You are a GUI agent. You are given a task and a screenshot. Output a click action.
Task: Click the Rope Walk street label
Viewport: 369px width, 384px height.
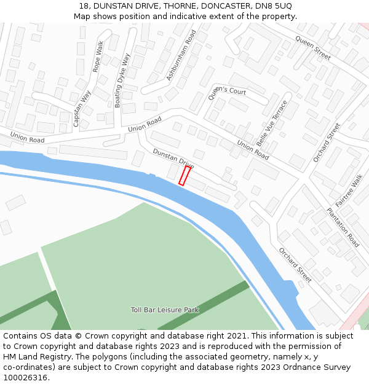(98, 57)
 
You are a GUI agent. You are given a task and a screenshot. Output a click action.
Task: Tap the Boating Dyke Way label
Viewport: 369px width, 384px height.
(122, 80)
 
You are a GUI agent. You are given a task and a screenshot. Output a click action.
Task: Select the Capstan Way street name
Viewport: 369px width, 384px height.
(82, 109)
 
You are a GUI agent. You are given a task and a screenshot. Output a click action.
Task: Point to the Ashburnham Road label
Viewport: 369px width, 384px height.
(181, 55)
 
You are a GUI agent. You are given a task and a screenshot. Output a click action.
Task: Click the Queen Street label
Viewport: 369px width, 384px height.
(313, 47)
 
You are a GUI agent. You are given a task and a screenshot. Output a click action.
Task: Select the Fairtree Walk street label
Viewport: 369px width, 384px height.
(349, 190)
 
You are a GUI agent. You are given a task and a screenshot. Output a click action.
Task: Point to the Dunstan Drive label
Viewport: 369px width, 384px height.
(173, 159)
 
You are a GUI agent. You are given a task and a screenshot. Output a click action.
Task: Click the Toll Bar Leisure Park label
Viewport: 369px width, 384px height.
(165, 310)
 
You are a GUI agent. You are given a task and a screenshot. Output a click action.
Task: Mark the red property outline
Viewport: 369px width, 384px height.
(184, 175)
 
